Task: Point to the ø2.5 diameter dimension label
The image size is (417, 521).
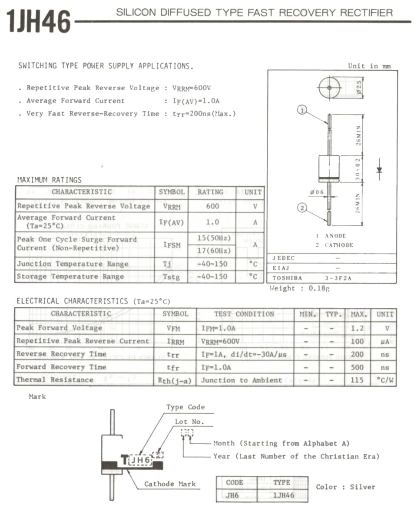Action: [360, 86]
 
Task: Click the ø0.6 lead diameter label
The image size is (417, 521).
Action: [318, 192]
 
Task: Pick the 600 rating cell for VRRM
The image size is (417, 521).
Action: [212, 206]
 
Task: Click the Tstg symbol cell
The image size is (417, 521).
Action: [172, 277]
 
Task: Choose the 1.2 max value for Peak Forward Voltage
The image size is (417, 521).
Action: [357, 328]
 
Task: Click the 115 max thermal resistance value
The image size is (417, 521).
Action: [357, 380]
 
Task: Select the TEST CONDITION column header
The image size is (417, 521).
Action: [244, 314]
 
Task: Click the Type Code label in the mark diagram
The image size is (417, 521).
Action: [185, 407]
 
